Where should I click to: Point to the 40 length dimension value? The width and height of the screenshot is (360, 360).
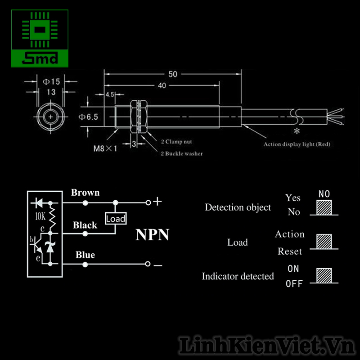(162, 85)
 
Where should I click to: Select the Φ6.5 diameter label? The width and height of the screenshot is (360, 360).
(88, 117)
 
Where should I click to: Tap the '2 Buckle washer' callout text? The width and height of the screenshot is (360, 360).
(182, 153)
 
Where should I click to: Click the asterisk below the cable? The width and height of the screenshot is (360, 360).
(296, 131)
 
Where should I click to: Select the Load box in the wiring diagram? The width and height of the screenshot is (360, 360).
(116, 219)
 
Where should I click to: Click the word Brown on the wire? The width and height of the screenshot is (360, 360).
(85, 193)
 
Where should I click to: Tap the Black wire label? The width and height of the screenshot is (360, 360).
(85, 225)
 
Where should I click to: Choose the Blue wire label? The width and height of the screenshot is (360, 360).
(85, 255)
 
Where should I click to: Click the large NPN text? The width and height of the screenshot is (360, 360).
(153, 234)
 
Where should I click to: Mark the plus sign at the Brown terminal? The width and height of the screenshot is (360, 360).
(157, 202)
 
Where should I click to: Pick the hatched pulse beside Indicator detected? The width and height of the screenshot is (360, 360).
(324, 275)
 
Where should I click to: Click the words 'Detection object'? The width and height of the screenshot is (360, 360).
(238, 207)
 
